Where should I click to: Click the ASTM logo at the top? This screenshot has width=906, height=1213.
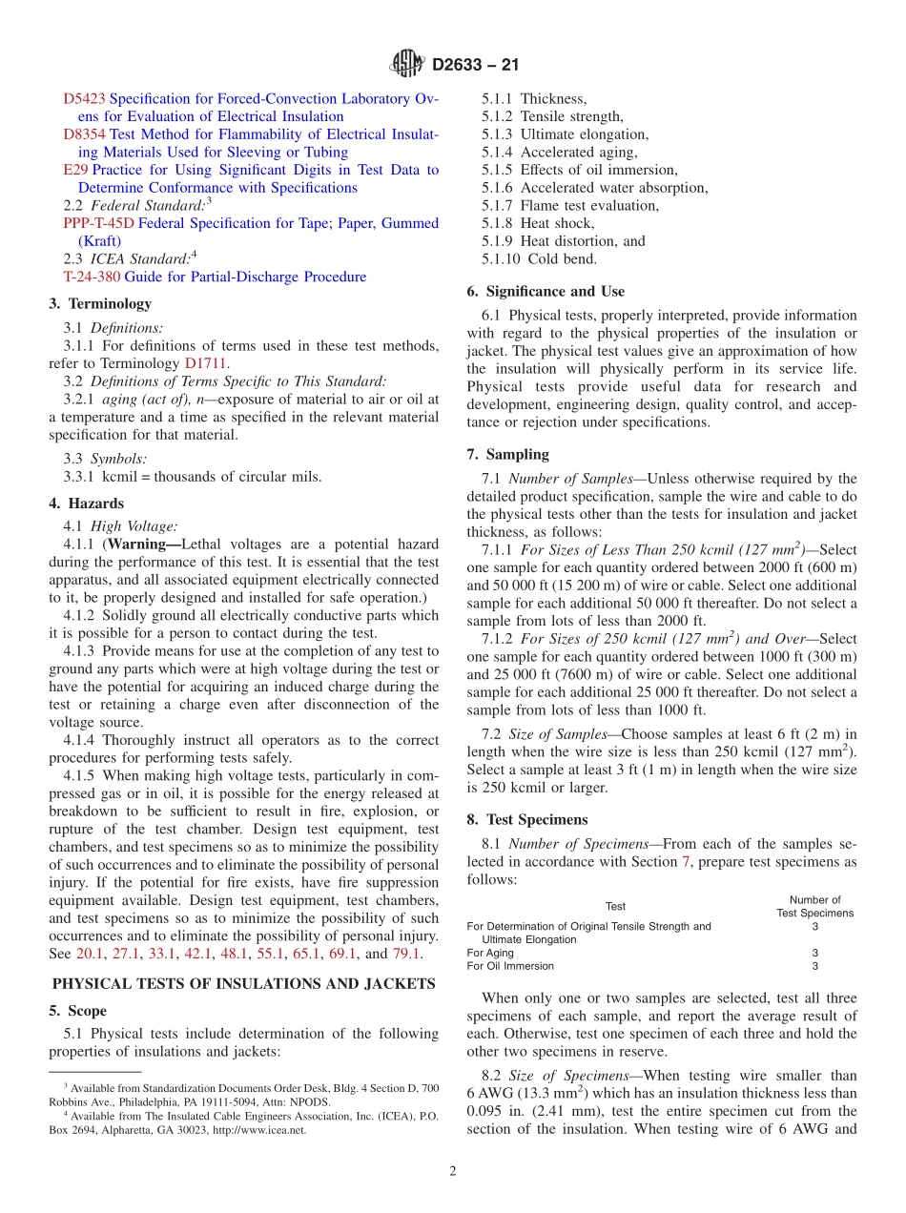coord(408,65)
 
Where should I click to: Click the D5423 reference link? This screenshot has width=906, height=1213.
coord(85,98)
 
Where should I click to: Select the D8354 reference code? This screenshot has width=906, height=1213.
coord(85,134)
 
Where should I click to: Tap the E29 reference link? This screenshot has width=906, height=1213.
coord(75,170)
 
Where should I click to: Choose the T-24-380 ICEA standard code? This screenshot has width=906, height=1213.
coord(92,277)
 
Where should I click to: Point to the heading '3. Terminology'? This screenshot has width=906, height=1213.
coord(100,303)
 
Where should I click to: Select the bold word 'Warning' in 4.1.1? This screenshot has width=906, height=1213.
coord(141,545)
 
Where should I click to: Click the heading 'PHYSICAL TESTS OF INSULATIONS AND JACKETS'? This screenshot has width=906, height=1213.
coord(243,984)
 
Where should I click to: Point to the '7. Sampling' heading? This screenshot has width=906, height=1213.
coord(507,455)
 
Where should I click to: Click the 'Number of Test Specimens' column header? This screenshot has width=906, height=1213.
coord(814,906)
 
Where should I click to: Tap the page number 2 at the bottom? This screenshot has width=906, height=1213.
coord(453,1172)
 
